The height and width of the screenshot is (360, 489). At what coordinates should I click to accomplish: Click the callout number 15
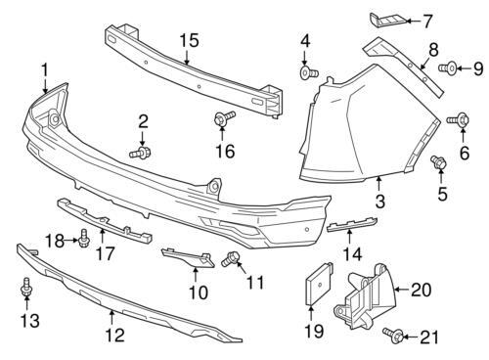pyautogui.click(x=189, y=41)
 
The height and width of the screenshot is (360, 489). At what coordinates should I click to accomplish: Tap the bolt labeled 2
pyautogui.click(x=140, y=153)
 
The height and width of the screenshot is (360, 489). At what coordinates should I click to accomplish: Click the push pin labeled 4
pyautogui.click(x=308, y=72)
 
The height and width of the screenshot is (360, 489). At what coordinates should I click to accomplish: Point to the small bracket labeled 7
pyautogui.click(x=388, y=21)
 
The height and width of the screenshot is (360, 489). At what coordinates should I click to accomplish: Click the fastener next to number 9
pyautogui.click(x=448, y=68)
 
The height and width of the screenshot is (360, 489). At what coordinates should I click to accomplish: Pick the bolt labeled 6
pyautogui.click(x=458, y=119)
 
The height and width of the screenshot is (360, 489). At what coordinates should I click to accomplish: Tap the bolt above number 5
pyautogui.click(x=438, y=162)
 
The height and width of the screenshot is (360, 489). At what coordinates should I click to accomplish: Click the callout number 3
pyautogui.click(x=380, y=201)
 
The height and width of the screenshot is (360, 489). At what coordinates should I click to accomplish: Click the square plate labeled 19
pyautogui.click(x=319, y=284)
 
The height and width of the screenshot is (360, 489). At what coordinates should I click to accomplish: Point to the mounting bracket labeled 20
pyautogui.click(x=365, y=295)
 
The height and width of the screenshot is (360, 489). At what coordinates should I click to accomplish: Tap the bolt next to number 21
pyautogui.click(x=393, y=336)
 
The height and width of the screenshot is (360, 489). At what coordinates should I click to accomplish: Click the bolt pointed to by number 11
pyautogui.click(x=231, y=258)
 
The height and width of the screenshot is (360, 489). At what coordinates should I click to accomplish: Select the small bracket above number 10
pyautogui.click(x=188, y=257)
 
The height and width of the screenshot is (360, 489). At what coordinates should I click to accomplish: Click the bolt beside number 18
pyautogui.click(x=84, y=238)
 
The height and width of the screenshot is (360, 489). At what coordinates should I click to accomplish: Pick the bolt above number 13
pyautogui.click(x=26, y=287)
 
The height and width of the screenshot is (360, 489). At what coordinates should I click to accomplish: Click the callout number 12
pyautogui.click(x=115, y=335)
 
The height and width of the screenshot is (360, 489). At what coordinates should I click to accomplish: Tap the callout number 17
pyautogui.click(x=106, y=253)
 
